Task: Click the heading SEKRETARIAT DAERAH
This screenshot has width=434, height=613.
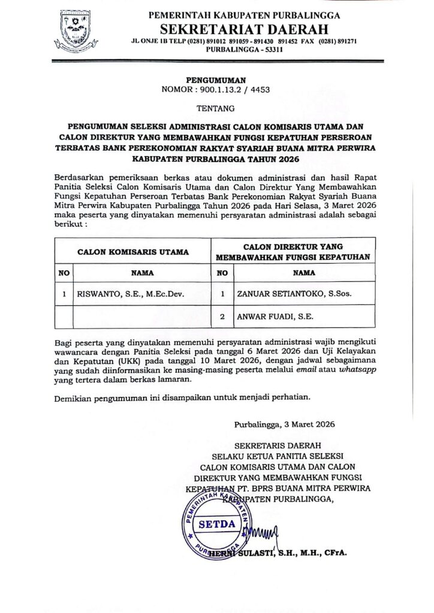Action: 244,28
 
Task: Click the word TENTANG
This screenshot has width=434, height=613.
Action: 212,108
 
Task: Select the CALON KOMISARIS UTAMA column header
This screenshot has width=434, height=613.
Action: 132,252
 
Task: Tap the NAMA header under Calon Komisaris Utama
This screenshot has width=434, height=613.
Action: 142,272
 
